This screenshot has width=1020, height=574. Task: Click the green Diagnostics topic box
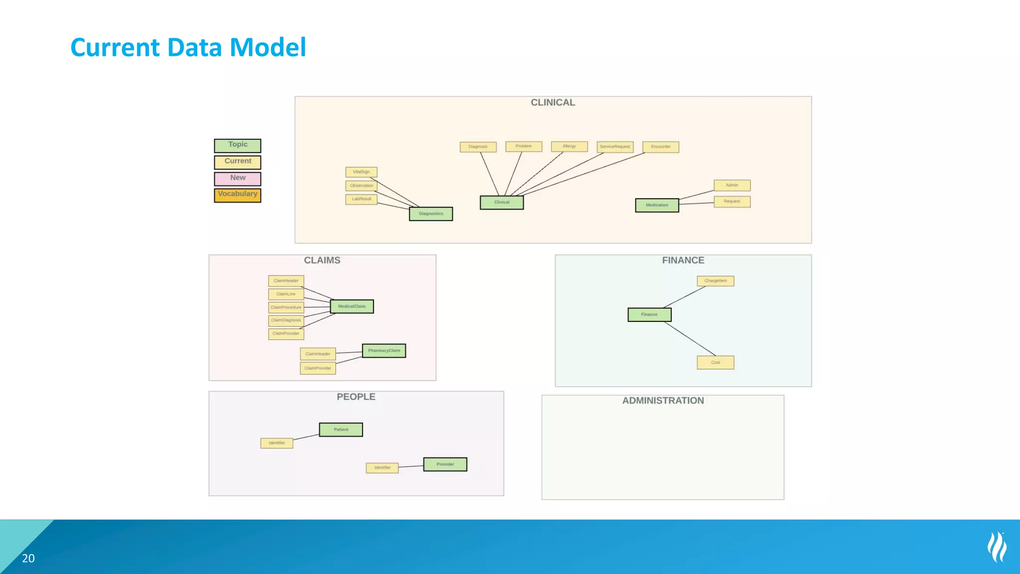click(x=431, y=214)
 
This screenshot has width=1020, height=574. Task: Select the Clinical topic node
click(x=502, y=202)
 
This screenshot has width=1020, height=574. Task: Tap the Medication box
click(x=657, y=205)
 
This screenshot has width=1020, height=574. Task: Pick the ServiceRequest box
click(x=615, y=147)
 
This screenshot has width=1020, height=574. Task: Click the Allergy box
click(x=569, y=146)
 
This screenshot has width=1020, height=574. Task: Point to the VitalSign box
click(x=361, y=172)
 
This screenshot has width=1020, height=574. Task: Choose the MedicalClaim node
click(x=352, y=306)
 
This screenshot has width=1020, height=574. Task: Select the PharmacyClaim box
click(x=384, y=351)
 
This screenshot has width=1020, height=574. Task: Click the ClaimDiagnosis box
click(x=286, y=320)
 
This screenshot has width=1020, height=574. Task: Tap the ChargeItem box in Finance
click(x=715, y=281)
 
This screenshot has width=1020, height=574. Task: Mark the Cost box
click(x=715, y=363)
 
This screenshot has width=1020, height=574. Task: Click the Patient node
click(x=341, y=430)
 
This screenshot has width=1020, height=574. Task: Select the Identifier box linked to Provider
click(x=382, y=468)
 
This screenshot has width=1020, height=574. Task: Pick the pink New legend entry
click(x=238, y=178)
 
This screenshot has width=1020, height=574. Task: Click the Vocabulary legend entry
click(x=238, y=195)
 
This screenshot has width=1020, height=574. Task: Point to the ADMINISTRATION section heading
click(x=663, y=401)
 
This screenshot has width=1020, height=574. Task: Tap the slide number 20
click(x=28, y=559)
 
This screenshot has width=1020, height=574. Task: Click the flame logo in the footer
click(x=997, y=547)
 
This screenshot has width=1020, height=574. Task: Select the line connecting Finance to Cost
click(x=690, y=339)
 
